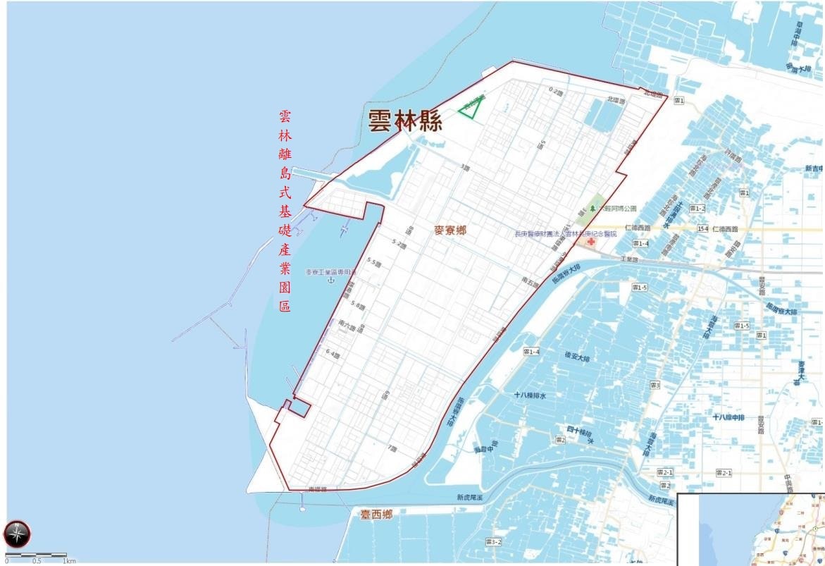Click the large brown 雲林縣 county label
click(x=405, y=121)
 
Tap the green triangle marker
click(x=470, y=108)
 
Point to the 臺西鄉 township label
click(x=376, y=515)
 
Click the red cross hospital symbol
click(x=589, y=241)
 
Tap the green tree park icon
click(x=593, y=208)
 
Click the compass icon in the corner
click(x=17, y=534)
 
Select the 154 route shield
click(x=702, y=229)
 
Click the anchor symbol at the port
click(x=330, y=280)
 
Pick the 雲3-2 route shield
click(x=493, y=541)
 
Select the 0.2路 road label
click(x=557, y=91)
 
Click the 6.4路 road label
click(x=333, y=355)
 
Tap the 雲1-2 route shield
click(x=697, y=208)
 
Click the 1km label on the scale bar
click(x=69, y=561)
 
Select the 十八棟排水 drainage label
click(x=530, y=395)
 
